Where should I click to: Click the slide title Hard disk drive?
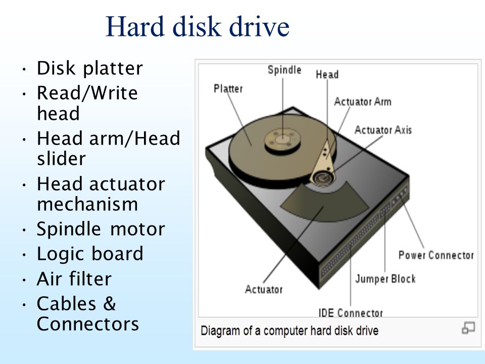(198, 27)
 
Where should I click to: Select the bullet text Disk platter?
(90, 68)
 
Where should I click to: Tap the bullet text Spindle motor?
(101, 230)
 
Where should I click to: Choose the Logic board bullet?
(90, 254)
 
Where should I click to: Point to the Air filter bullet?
(74, 279)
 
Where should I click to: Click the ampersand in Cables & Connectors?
(110, 303)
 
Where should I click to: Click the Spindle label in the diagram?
(284, 70)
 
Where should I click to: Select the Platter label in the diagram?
(228, 89)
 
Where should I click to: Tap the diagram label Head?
(327, 75)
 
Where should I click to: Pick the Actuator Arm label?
(363, 102)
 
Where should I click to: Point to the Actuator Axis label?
(383, 130)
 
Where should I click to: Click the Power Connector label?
(436, 255)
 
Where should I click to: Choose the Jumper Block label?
(385, 279)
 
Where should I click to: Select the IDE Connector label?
(351, 313)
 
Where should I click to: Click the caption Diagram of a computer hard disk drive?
(289, 331)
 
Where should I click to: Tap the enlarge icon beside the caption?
(468, 328)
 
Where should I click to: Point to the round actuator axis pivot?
(323, 178)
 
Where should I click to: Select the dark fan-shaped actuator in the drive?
(324, 202)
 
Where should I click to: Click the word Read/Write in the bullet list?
(87, 93)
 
